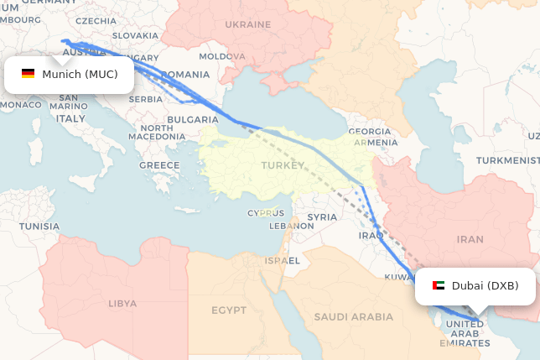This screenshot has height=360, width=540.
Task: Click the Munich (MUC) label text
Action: (x=80, y=75)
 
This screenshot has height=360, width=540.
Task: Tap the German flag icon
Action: (x=29, y=75)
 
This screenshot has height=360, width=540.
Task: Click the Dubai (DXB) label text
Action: (x=485, y=286)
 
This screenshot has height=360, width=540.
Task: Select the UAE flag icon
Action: (x=439, y=286)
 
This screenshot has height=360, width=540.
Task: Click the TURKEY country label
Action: (x=283, y=165)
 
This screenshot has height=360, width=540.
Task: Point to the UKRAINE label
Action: (x=247, y=24)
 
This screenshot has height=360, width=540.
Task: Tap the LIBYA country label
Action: (x=122, y=303)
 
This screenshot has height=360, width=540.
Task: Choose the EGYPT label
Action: (x=229, y=310)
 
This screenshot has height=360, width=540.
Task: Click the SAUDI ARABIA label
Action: (x=353, y=316)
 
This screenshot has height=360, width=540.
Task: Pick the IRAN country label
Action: (x=470, y=239)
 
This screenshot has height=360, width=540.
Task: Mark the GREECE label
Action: (x=159, y=165)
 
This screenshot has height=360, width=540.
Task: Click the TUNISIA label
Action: (x=39, y=227)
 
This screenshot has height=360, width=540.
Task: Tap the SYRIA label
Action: (x=322, y=217)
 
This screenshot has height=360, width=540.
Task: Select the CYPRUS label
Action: (x=266, y=212)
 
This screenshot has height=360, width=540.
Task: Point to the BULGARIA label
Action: (x=193, y=120)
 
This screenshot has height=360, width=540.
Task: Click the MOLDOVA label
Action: (x=222, y=56)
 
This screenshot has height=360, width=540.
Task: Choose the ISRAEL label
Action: (x=283, y=261)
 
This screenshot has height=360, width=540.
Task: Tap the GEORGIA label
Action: (x=370, y=132)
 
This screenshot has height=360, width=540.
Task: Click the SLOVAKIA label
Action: (x=135, y=35)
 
